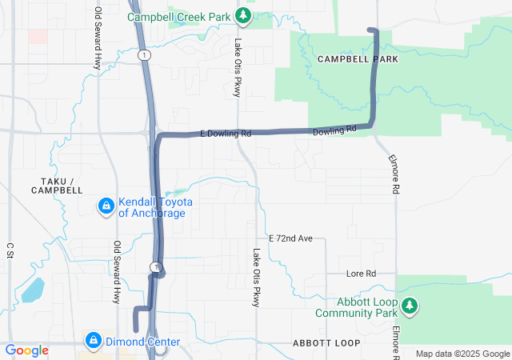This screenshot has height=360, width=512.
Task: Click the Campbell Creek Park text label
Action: point(180,16)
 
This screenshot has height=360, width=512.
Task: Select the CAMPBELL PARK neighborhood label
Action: point(357,59)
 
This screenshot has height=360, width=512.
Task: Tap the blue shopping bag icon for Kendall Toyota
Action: point(105,207)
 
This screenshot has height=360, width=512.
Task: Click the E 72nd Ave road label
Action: point(296,238)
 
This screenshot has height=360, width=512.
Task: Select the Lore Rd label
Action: point(361,274)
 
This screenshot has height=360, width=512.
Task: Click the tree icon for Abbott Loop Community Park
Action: point(410,306)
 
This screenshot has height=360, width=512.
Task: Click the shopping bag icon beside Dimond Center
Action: point(94,342)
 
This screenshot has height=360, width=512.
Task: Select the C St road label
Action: point(10,251)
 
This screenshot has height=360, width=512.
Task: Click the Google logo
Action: point(26,350)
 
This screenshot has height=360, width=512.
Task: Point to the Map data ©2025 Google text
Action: point(462,354)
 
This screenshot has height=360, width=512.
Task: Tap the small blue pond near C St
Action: point(34,290)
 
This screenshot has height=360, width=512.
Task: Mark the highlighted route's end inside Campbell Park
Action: point(370,30)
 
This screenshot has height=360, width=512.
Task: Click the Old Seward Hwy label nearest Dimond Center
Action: point(117,273)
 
